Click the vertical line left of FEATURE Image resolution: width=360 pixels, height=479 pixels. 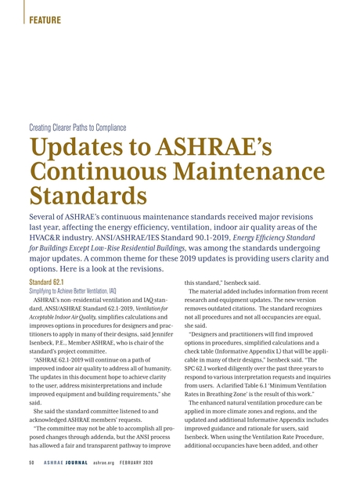pos(24,13)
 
